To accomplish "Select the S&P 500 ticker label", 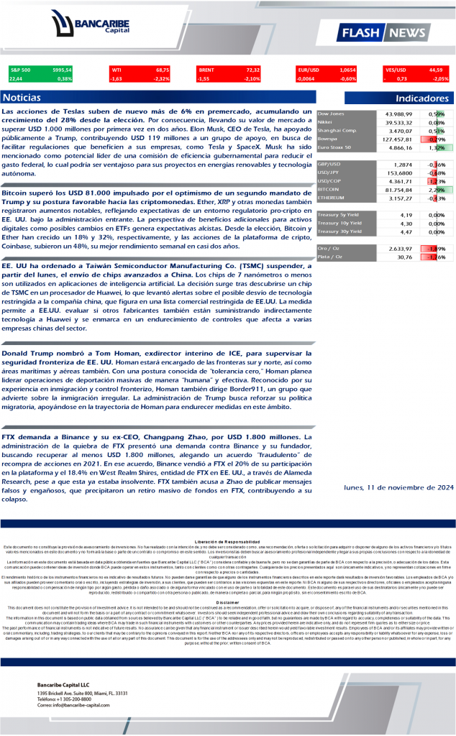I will click(x=20, y=70).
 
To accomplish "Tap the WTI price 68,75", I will click(x=162, y=70).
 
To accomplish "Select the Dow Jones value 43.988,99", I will click(x=398, y=114).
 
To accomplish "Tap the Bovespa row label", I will click(x=329, y=139).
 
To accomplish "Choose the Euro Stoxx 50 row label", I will click(x=334, y=147).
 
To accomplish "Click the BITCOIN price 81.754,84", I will click(x=398, y=189).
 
